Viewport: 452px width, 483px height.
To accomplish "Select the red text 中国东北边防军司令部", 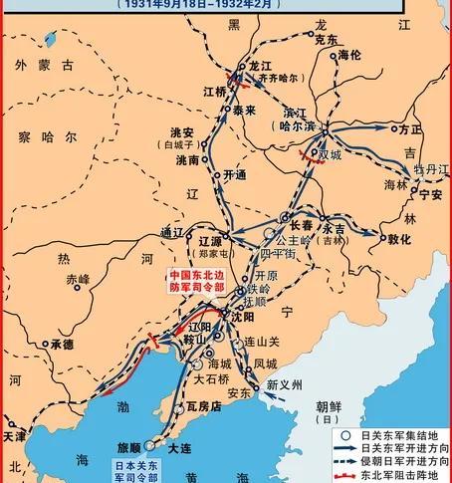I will [197, 282].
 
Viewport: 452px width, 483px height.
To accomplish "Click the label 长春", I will [303, 225].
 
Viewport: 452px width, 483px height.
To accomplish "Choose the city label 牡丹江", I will [429, 170].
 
